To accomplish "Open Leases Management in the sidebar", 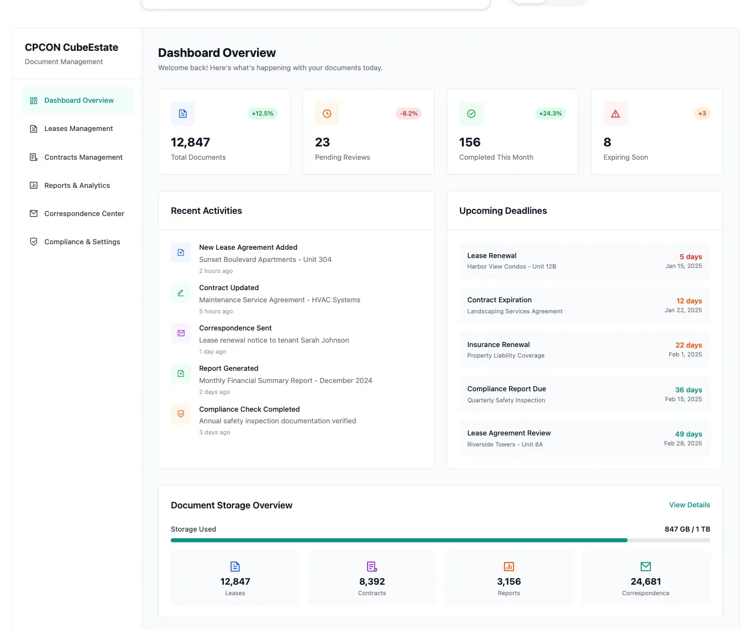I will (x=78, y=129).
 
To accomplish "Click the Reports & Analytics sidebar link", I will (x=77, y=186).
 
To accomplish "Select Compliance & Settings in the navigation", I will (x=82, y=242).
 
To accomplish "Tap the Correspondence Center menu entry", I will (x=84, y=214).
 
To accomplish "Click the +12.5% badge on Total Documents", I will (x=263, y=114).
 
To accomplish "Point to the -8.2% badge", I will (x=408, y=114).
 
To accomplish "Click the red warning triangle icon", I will (x=615, y=114).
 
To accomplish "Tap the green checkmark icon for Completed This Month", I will (x=471, y=114).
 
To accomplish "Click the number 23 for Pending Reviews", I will (x=322, y=143).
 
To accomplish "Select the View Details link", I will (x=689, y=505).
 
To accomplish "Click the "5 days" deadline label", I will (x=690, y=257).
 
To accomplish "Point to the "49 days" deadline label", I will (x=688, y=434).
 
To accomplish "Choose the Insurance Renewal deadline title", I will (x=498, y=345).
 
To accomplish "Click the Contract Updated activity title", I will (x=229, y=288).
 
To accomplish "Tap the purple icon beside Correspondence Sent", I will (x=181, y=333).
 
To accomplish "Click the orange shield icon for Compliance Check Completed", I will (x=181, y=414).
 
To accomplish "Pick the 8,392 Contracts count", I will (x=372, y=582).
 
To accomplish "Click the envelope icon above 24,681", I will (x=646, y=566).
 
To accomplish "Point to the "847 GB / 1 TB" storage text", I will (x=687, y=529).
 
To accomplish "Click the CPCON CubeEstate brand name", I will (x=71, y=48).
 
